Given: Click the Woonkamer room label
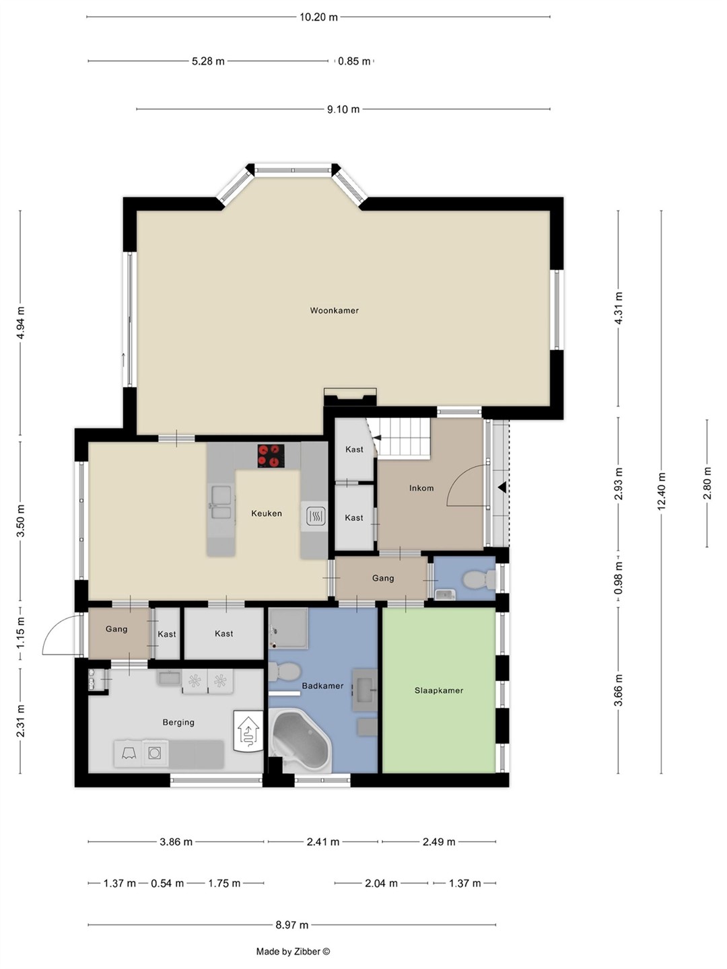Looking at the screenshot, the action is tap(334, 310).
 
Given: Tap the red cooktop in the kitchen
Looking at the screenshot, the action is tap(271, 456).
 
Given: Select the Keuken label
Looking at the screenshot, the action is tap(266, 513).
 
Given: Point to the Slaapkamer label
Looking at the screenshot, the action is tap(439, 690).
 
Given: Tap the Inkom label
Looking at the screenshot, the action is tap(421, 488).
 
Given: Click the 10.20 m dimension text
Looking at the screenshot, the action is tap(318, 17).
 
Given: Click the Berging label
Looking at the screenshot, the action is tap(178, 722).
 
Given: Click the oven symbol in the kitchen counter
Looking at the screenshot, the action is tap(315, 515).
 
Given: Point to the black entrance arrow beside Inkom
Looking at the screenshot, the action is tap(502, 487).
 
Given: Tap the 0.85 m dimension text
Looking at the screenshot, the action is tap(354, 61).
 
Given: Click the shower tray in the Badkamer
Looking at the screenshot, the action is tap(288, 629).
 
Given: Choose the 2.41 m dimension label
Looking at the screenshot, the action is tap(323, 842).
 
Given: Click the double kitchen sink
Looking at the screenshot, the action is tap(221, 503).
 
